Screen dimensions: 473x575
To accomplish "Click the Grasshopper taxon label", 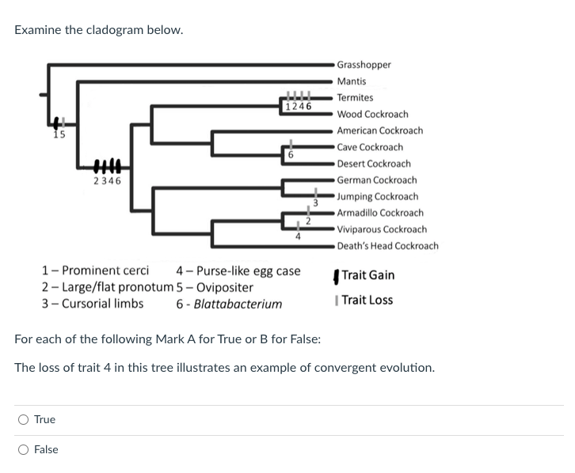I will pyautogui.click(x=364, y=65).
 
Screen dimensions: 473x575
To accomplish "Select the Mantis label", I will pyautogui.click(x=352, y=81).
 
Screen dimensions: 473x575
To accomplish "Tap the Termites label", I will pyautogui.click(x=355, y=98).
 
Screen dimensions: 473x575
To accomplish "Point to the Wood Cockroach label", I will pyautogui.click(x=372, y=115).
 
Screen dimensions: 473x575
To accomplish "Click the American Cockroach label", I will pyautogui.click(x=379, y=131).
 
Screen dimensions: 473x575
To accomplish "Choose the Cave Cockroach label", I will pyautogui.click(x=369, y=147).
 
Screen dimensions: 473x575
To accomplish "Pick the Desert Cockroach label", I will pyautogui.click(x=373, y=164).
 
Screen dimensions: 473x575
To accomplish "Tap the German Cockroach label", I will pyautogui.click(x=376, y=180).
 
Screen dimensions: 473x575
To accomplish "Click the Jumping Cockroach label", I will pyautogui.click(x=377, y=196).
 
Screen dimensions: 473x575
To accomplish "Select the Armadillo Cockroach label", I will pyautogui.click(x=379, y=213).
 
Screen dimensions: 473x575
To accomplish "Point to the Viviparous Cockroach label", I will pyautogui.click(x=381, y=229).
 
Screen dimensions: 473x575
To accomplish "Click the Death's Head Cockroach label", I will pyautogui.click(x=387, y=246).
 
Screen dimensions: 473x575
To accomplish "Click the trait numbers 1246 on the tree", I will pyautogui.click(x=298, y=106).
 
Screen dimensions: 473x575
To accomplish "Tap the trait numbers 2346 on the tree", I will pyautogui.click(x=107, y=181).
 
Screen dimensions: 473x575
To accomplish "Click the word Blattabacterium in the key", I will pyautogui.click(x=238, y=305).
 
